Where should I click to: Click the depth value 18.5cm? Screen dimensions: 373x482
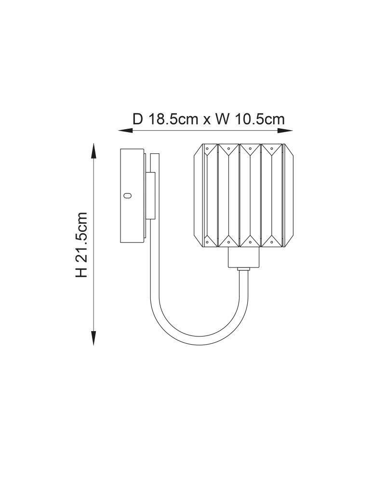[173, 119]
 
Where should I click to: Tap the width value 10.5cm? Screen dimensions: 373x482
[260, 119]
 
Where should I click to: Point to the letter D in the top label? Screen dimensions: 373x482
[138, 119]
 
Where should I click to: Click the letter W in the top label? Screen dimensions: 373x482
[223, 119]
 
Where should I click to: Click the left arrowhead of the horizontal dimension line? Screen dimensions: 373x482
[125, 131]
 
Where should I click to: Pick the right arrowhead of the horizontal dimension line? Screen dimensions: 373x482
[285, 131]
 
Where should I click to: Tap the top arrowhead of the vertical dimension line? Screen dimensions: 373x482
[94, 150]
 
